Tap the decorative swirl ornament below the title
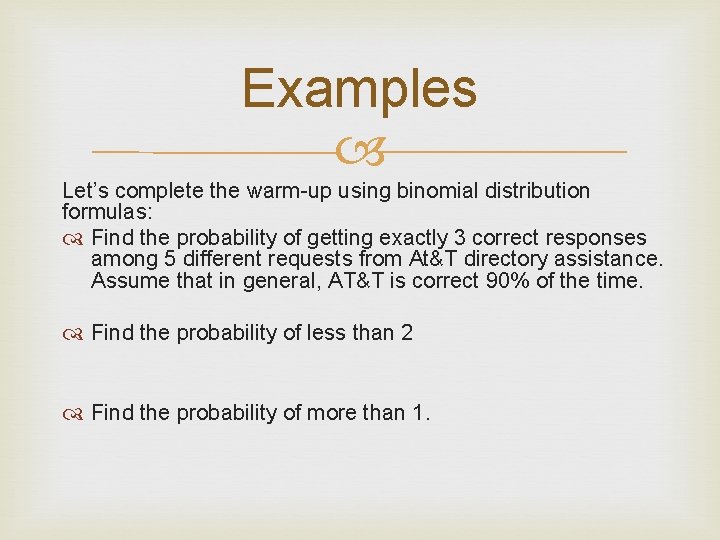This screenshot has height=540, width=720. (x=359, y=152)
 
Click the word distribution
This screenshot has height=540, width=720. (x=530, y=190)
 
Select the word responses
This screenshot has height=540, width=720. (x=594, y=238)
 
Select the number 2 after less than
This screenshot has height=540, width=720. (x=406, y=333)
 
